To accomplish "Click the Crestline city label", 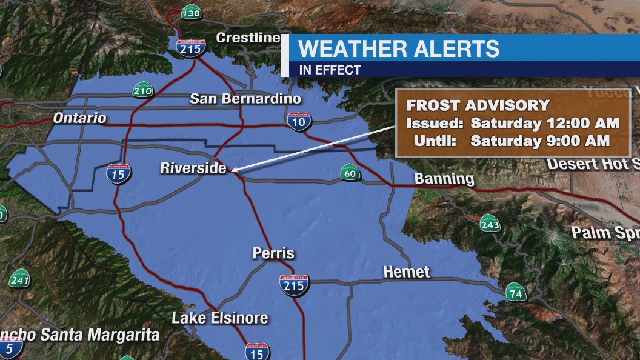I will coord(248,38).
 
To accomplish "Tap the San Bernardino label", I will coord(245,98).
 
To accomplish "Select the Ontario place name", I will coord(79,118).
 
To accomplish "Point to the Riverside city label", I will coord(193,168).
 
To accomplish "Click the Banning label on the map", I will coord(444,178).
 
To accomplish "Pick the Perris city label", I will coord(273,253).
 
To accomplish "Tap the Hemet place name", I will coord(407,272).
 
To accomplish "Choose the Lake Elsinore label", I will coord(219,318).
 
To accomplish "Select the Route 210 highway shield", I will coord(143,91).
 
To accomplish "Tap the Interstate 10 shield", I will coord(299,122).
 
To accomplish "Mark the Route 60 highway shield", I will coord(350,174).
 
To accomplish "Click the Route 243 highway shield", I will coord(490,224).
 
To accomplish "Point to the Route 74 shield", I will coord(516,294).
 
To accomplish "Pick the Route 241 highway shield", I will coord(19,279).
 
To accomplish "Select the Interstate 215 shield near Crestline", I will coord(191,48).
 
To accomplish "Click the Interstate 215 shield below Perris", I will coord(294,285).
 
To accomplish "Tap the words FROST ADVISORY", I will coord(478,105).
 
